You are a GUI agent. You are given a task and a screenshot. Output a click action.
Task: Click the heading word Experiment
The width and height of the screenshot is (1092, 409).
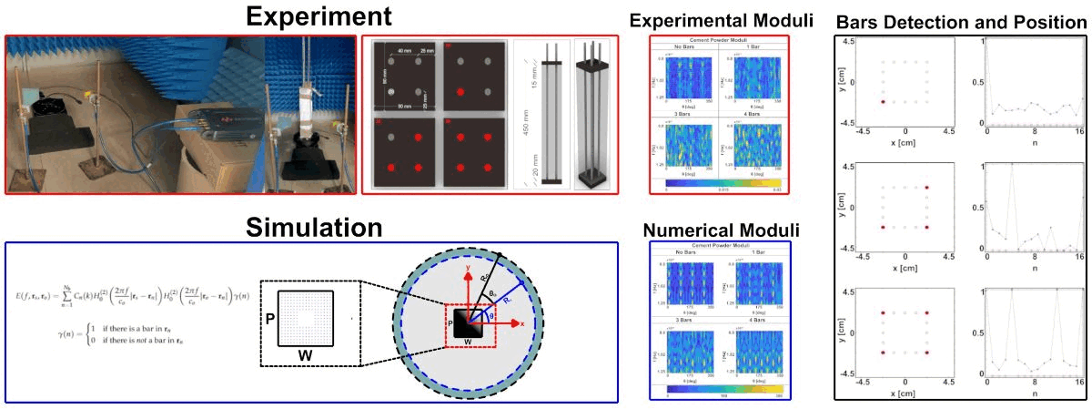click(x=310, y=16)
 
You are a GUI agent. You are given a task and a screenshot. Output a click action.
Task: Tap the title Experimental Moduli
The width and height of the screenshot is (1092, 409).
click(x=725, y=20)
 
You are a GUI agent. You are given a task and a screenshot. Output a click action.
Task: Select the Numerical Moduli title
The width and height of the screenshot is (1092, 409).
click(x=721, y=228)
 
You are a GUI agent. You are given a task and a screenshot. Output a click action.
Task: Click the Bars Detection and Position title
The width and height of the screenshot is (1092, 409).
click(x=961, y=20)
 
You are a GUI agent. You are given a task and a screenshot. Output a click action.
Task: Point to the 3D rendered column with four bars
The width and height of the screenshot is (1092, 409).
click(x=595, y=114)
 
